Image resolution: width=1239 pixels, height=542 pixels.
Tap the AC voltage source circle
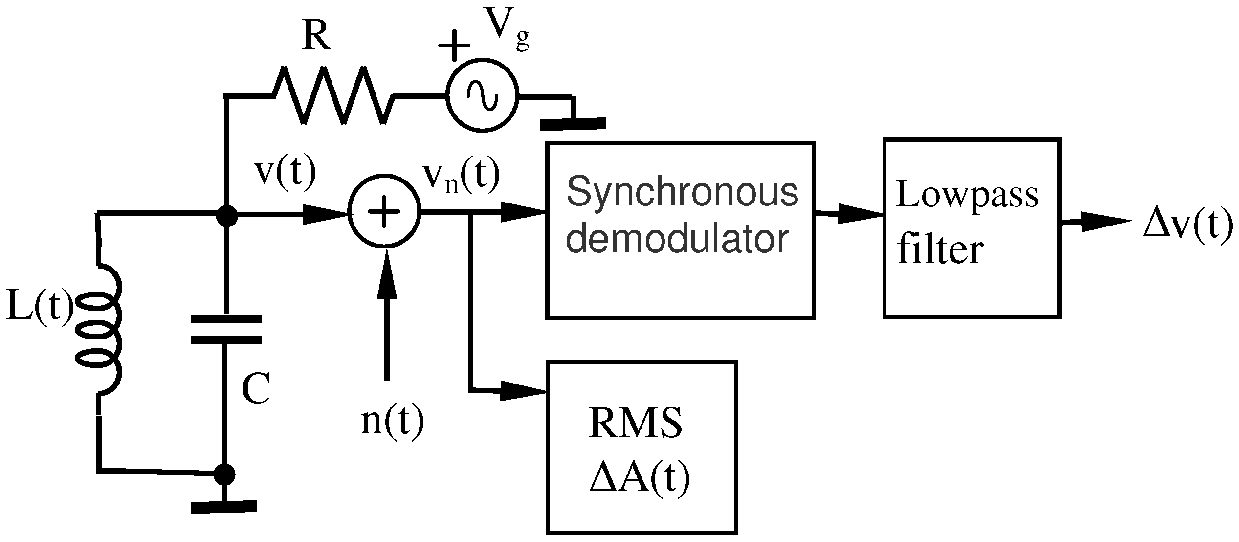click(x=482, y=96)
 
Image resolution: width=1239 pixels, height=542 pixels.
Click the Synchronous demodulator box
click(x=680, y=230)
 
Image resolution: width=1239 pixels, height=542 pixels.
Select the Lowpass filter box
click(x=971, y=228)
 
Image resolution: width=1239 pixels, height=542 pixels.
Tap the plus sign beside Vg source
click(x=454, y=45)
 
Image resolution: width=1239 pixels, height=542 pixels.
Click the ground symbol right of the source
click(x=573, y=122)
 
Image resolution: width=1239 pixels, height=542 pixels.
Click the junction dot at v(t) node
click(x=226, y=215)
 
